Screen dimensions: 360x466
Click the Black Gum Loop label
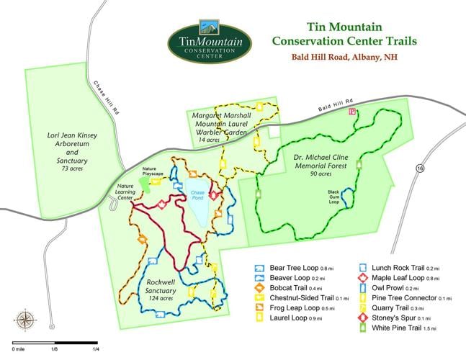(333, 197)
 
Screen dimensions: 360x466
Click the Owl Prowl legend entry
(394, 287)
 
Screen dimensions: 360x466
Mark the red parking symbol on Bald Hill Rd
(352, 112)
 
